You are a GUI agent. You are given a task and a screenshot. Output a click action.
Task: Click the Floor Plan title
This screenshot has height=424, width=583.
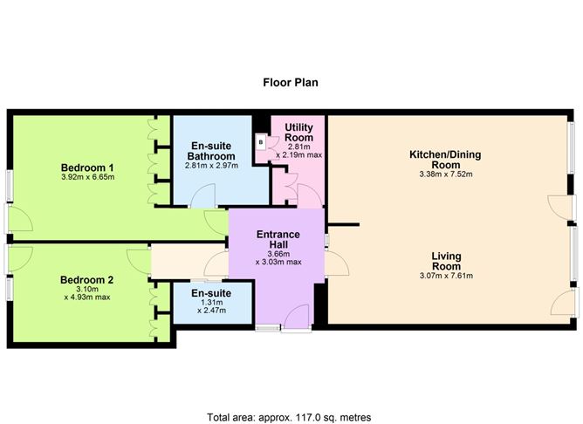point(291,82)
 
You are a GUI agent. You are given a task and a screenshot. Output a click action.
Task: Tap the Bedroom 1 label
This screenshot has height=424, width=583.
point(87,168)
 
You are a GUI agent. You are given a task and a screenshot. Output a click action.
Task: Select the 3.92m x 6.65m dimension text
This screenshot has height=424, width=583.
point(88,177)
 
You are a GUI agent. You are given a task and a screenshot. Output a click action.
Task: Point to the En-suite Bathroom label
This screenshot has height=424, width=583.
point(211,151)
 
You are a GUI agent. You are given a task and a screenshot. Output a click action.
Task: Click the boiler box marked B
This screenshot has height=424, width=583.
point(261,142)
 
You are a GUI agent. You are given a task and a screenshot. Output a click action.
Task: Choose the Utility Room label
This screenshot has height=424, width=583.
point(299,133)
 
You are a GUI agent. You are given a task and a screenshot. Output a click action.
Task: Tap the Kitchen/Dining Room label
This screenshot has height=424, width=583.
point(445,160)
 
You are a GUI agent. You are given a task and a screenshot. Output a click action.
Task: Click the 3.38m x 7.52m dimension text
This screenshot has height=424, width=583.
point(446,174)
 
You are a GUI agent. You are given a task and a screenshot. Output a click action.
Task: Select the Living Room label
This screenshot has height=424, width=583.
point(446,261)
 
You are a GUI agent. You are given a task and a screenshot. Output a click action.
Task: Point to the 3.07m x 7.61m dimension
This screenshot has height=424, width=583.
point(446,276)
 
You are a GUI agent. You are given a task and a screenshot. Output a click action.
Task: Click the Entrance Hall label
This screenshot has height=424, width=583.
point(278,240)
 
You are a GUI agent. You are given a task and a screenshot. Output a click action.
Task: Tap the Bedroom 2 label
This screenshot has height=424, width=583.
point(86,280)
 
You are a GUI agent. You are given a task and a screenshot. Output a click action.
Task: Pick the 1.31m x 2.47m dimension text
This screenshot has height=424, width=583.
point(211,306)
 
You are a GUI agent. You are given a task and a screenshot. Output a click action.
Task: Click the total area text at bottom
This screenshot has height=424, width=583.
point(289,417)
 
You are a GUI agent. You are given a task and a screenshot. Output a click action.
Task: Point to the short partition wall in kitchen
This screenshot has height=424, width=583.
point(344,224)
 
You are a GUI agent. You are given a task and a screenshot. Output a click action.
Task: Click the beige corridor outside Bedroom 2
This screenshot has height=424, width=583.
point(178,261)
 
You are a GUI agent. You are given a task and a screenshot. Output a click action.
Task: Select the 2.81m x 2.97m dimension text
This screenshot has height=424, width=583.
point(211,166)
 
